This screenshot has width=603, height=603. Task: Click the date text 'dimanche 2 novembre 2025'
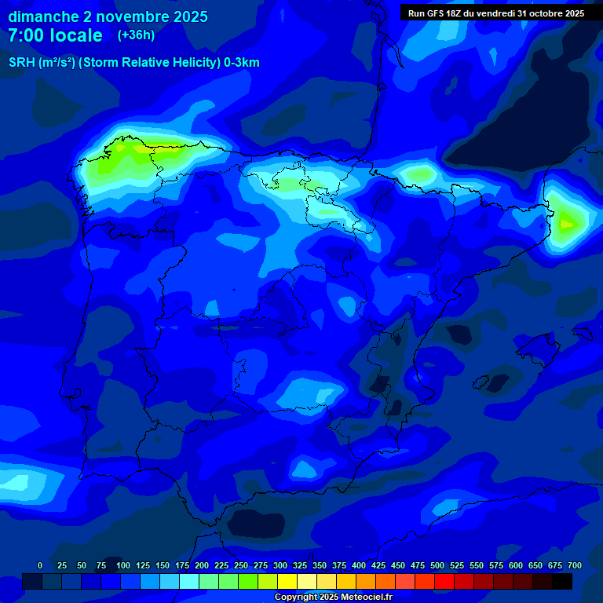tap(108, 16)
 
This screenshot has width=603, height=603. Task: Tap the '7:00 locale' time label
tap(55, 35)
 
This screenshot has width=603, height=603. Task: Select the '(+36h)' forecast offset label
tap(136, 35)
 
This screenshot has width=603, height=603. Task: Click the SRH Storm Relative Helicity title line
tap(133, 63)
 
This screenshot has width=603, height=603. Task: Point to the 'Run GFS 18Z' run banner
tap(495, 13)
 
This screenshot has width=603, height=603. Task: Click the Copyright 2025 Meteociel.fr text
tap(333, 597)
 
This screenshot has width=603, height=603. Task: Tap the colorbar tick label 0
tap(40, 566)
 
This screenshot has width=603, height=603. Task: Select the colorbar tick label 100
tap(123, 566)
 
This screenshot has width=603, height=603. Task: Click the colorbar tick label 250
tap(241, 566)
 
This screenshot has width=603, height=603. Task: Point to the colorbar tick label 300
tap(280, 566)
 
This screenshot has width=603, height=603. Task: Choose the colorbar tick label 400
tap(359, 566)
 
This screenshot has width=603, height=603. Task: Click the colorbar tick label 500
tap(437, 566)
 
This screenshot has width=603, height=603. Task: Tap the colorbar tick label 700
tap(575, 566)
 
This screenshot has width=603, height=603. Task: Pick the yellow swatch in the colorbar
tap(287, 581)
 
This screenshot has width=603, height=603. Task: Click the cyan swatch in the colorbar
tap(189, 581)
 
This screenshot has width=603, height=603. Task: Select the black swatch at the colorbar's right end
tap(562, 581)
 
